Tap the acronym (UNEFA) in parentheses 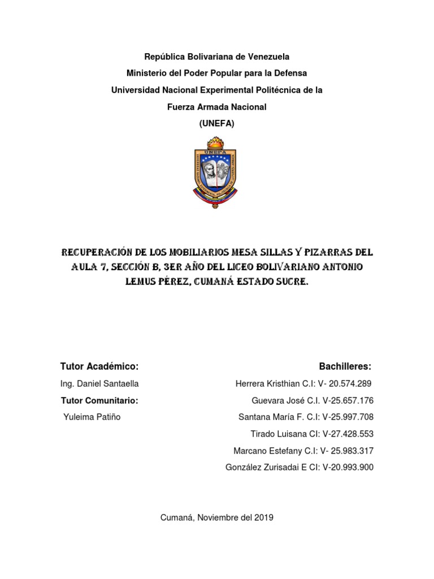(216, 124)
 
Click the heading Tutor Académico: (99, 366)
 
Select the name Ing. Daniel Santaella (99, 384)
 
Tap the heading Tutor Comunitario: (99, 401)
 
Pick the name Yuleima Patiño (92, 417)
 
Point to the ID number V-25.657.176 (348, 401)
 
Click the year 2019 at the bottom (264, 517)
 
